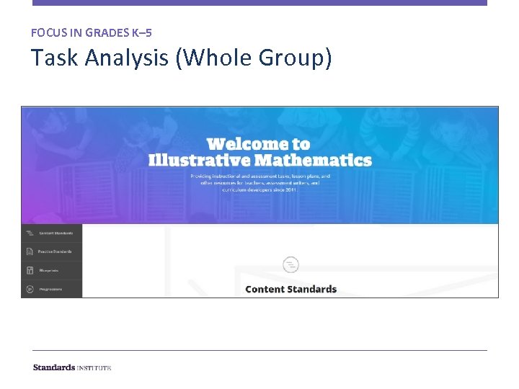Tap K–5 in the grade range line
click(141, 32)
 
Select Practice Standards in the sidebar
click(56, 251)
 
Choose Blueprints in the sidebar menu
click(49, 270)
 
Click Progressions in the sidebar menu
click(50, 289)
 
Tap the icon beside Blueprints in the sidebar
click(30, 270)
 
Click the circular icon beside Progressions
click(30, 289)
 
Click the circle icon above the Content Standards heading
click(290, 264)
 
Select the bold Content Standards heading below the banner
click(290, 289)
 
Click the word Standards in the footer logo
click(54, 367)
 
